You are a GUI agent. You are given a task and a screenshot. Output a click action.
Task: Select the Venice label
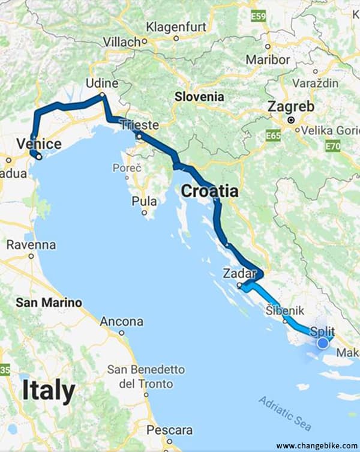pyautogui.click(x=39, y=144)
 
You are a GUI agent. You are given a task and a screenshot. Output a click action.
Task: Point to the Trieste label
pyautogui.click(x=139, y=125)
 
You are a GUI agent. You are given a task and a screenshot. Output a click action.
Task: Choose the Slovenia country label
pyautogui.click(x=199, y=97)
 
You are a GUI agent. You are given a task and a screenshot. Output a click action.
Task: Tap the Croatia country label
pyautogui.click(x=209, y=191)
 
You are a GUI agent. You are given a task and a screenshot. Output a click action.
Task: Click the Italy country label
pyautogui.click(x=49, y=391)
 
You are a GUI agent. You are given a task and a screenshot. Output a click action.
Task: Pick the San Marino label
pyautogui.click(x=49, y=303)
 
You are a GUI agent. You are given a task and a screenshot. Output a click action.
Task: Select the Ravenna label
pyautogui.click(x=31, y=245)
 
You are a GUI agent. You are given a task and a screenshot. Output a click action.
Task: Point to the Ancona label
pyautogui.click(x=121, y=322)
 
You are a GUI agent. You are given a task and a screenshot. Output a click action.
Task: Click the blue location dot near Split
pyautogui.click(x=323, y=343)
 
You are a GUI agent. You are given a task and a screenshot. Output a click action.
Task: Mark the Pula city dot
pyautogui.click(x=144, y=212)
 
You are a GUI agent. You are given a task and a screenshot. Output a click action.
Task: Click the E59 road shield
pyautogui.click(x=259, y=17)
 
